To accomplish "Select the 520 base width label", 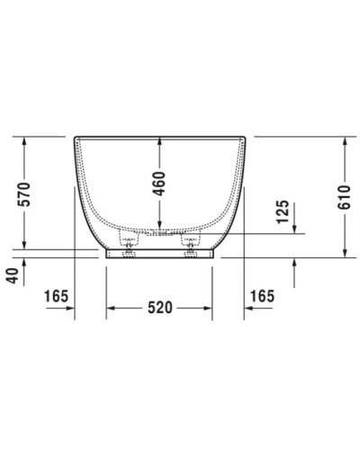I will coord(159,308).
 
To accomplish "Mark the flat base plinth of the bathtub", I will coord(160,255).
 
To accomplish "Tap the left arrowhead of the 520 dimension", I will coord(112,308).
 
